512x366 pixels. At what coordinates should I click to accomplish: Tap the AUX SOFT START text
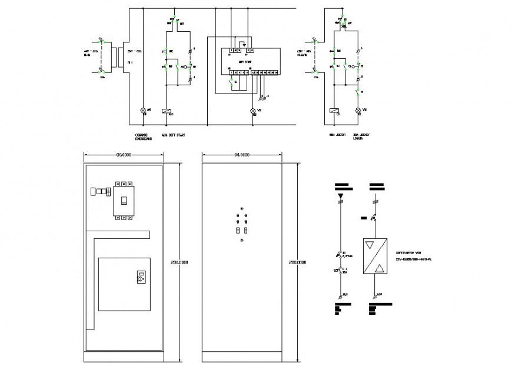pos(173,134)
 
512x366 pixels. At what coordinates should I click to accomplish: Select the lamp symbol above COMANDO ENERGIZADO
pos(142,111)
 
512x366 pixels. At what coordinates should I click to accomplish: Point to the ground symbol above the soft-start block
pos(242,43)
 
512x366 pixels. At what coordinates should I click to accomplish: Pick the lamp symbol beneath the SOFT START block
pos(254,111)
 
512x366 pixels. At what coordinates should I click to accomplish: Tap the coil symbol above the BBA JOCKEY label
pos(334,111)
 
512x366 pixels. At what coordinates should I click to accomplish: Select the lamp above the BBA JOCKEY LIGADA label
pos(358,111)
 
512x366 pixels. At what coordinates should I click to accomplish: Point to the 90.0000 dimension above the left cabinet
pos(124,155)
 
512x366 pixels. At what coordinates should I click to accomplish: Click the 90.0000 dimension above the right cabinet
pos(241,155)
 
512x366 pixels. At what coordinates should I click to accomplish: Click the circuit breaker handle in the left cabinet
pos(124,201)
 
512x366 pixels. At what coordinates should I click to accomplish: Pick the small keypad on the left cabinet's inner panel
pos(141,276)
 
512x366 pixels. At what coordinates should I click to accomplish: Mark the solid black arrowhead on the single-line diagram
pos(341,194)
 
